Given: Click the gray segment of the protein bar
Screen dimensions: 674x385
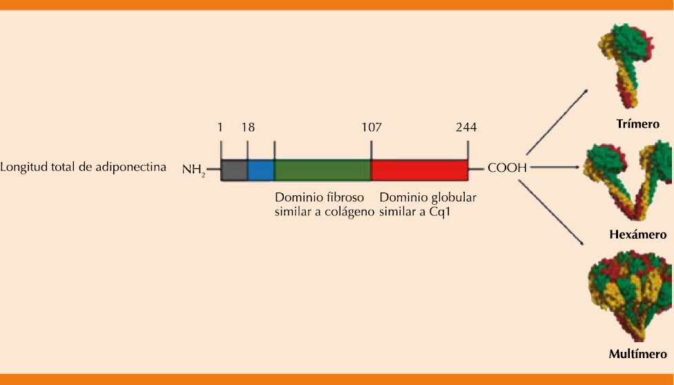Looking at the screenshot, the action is tap(234, 170).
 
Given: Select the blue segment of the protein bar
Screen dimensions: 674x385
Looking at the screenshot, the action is tap(261, 170).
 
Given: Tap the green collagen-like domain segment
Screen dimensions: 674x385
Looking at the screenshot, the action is tap(322, 170).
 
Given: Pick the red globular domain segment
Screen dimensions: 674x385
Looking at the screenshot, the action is tap(419, 170).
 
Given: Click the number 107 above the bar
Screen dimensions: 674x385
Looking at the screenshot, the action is tap(372, 128).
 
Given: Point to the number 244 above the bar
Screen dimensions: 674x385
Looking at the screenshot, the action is tap(466, 128).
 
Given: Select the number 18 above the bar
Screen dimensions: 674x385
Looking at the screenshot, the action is tap(248, 128).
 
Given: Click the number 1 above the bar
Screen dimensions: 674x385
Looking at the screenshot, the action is tap(220, 128).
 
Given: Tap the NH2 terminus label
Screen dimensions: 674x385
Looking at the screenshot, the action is tap(194, 169).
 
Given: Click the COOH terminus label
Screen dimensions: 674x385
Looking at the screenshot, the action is tap(508, 168).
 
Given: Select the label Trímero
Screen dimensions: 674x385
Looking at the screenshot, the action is tap(637, 125).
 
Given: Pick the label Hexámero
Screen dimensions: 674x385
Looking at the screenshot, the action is tap(637, 235).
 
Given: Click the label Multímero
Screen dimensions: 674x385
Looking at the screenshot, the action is tap(637, 355).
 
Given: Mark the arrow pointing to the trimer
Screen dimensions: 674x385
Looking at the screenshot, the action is tap(557, 120).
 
